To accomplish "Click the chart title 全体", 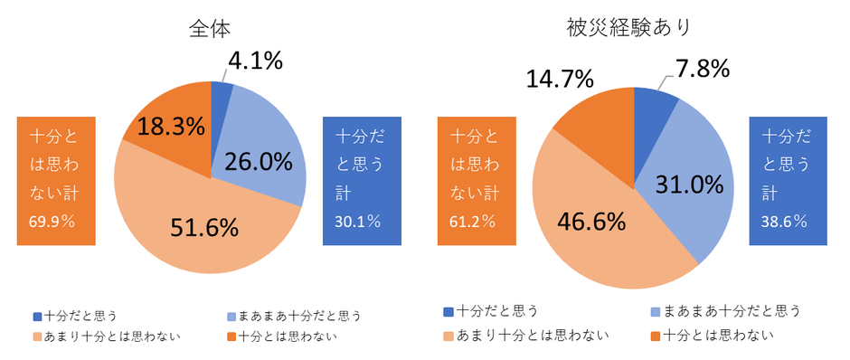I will click(210, 28).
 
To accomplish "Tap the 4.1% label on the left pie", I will click(255, 61).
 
